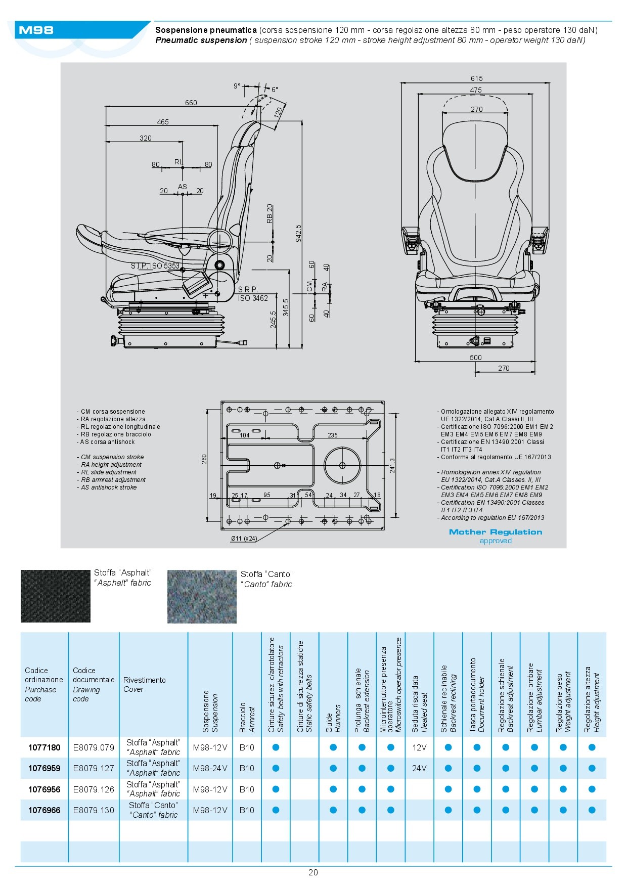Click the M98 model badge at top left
(x=36, y=30)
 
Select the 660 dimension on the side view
(x=191, y=103)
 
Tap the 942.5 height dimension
(x=298, y=233)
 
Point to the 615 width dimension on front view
(x=476, y=78)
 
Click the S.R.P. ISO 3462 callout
(x=253, y=294)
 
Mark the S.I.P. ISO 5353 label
(x=155, y=266)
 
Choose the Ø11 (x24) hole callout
(x=244, y=539)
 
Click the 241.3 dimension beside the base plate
(x=392, y=466)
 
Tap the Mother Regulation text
(x=495, y=532)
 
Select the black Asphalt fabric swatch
(x=55, y=596)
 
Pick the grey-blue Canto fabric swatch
(x=202, y=597)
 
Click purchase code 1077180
(x=44, y=747)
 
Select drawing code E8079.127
(x=94, y=768)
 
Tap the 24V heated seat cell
(x=419, y=768)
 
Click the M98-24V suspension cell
(x=210, y=768)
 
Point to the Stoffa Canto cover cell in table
(x=153, y=810)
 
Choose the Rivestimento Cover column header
(x=144, y=684)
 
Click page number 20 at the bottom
(x=313, y=872)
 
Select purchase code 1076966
(x=44, y=810)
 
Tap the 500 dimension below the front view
(x=475, y=358)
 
